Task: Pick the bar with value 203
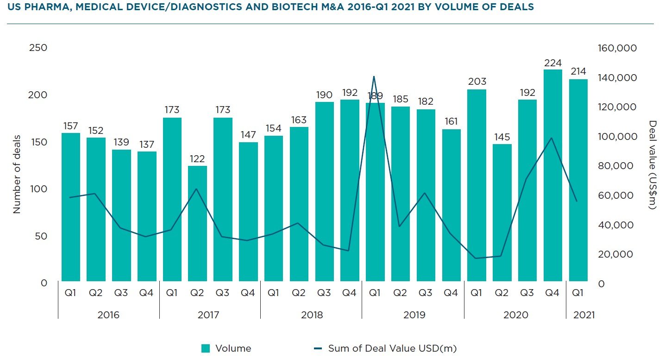[477, 185]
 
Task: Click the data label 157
[71, 126]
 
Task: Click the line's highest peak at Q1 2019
[374, 76]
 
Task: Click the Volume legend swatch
[206, 348]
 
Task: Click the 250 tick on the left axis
[38, 48]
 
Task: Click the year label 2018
[312, 315]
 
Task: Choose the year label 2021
[583, 315]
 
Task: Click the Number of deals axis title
[17, 174]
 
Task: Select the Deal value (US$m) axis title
[653, 164]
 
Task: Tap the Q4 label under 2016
[146, 293]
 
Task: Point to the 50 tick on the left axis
[41, 236]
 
